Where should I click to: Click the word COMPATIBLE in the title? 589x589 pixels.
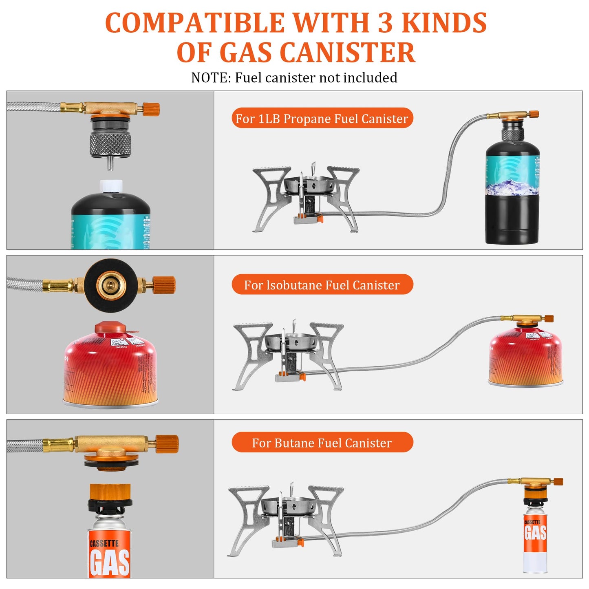[x=194, y=23]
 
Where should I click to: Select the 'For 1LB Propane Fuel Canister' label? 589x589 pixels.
[x=322, y=118]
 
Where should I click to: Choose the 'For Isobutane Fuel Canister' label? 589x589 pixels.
[x=322, y=285]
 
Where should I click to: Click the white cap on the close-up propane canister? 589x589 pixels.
[x=111, y=186]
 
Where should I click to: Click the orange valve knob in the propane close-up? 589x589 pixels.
[x=151, y=109]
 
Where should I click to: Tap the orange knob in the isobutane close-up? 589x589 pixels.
[x=164, y=285]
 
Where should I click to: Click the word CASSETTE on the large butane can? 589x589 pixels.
[x=104, y=543]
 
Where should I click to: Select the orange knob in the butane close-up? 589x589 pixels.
[x=167, y=444]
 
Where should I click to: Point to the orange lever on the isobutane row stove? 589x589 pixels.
[x=302, y=376]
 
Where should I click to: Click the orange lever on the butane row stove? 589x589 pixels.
[x=300, y=543]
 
